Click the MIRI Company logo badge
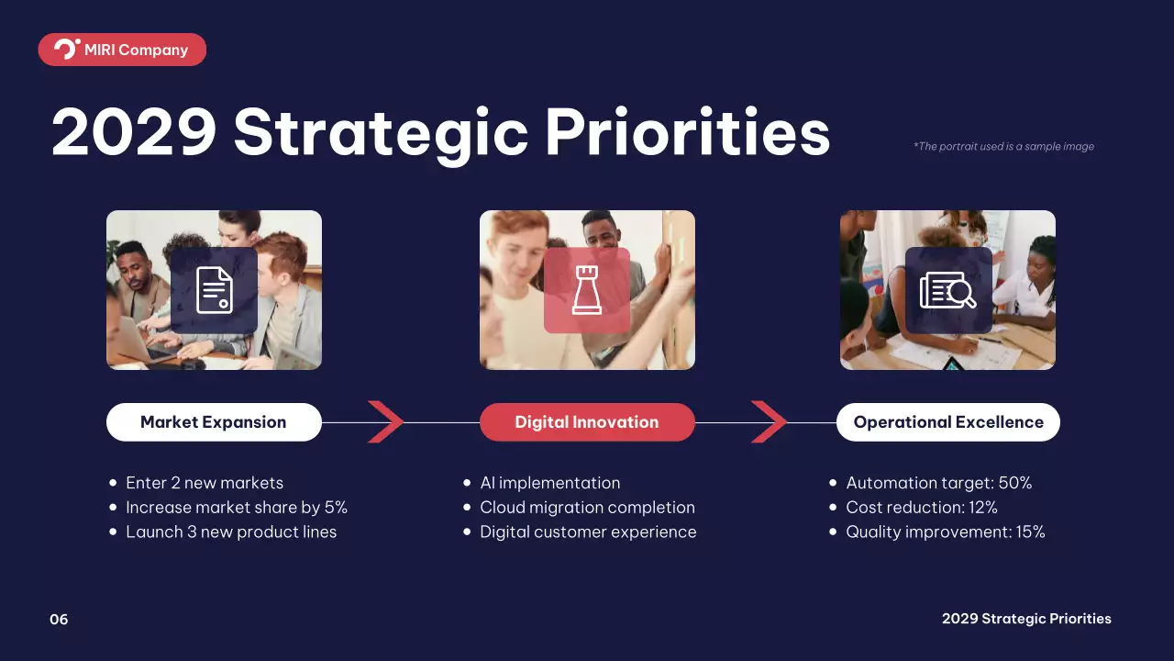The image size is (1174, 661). (x=122, y=50)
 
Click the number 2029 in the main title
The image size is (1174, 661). (x=134, y=131)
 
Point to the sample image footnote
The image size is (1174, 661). (x=1003, y=146)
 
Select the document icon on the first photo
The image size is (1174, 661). (x=215, y=291)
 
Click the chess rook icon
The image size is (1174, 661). (x=587, y=290)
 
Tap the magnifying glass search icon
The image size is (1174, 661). (x=948, y=290)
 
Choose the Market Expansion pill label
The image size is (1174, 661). (x=214, y=422)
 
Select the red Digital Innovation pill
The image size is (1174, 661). (x=587, y=422)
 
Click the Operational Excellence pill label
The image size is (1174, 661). (x=948, y=422)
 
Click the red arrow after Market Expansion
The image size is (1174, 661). (x=385, y=422)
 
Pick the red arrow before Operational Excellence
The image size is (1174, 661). (x=769, y=422)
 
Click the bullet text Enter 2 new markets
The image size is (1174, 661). (x=205, y=483)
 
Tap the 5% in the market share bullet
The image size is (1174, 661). (x=336, y=508)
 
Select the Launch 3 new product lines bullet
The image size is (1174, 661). (x=231, y=532)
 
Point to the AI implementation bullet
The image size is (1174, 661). (x=549, y=483)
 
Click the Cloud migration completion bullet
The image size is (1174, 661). (x=588, y=508)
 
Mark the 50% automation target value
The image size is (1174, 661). (x=1015, y=483)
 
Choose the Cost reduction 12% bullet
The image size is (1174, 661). (x=922, y=508)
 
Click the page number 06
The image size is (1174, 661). (x=59, y=620)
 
